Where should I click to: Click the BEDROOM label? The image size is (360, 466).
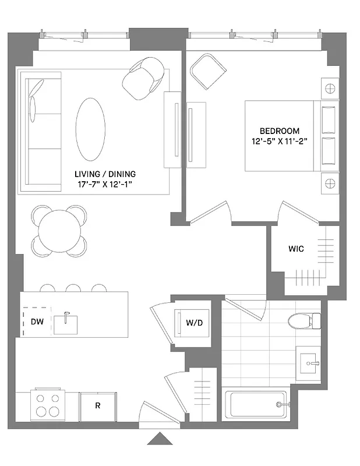coord(280,130)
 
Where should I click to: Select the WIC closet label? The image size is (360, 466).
coord(296,249)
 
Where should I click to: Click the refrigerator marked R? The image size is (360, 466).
coord(97,405)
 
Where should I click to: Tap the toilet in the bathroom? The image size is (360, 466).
coord(305,320)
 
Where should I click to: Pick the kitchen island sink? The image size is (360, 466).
coord(66,324)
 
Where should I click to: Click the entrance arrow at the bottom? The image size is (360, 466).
coord(160,439)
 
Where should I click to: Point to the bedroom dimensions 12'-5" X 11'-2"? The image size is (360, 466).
coord(280,142)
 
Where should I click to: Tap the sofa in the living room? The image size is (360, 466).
coord(40,131)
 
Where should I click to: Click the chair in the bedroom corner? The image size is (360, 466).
coord(207,70)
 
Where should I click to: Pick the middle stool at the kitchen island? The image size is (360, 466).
coord(73,288)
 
